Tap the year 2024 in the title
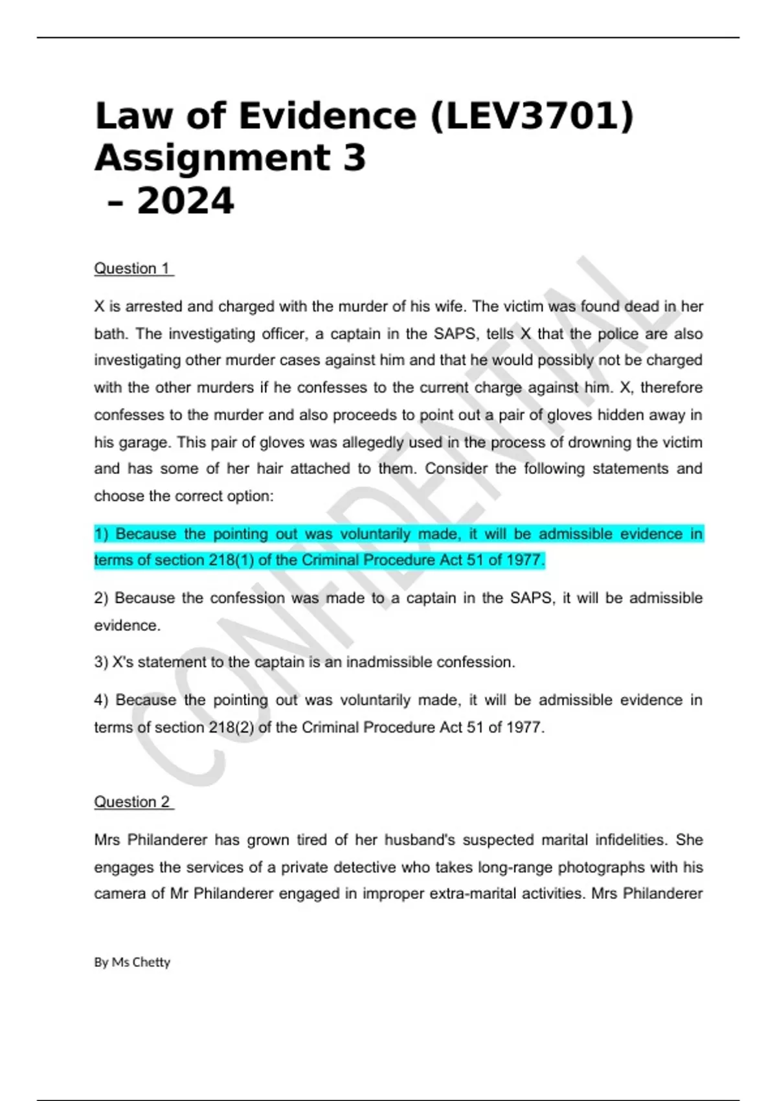185,201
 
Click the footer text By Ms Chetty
132,962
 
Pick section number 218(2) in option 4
231,727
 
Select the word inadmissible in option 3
389,662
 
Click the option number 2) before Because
101,598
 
